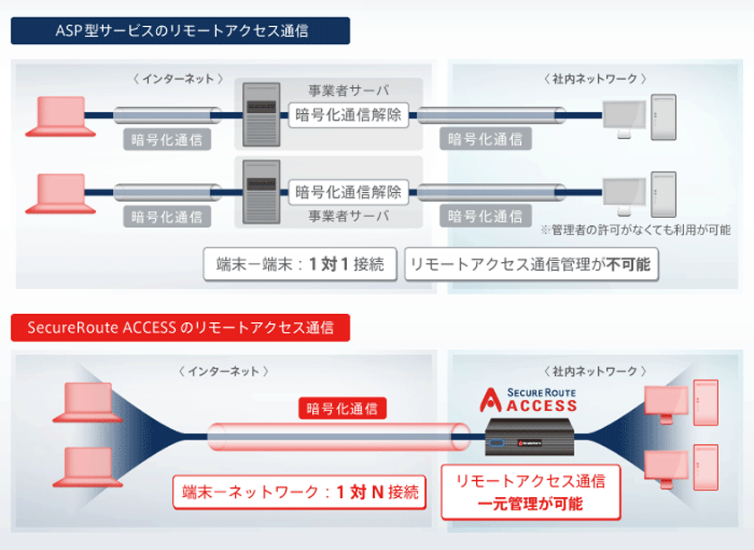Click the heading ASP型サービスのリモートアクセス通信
[180, 31]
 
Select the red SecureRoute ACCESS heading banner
[180, 327]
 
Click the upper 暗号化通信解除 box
[349, 114]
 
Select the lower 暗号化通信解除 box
[349, 191]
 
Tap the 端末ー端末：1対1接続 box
[300, 265]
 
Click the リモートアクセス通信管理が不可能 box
[531, 265]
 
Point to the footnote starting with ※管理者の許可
[635, 230]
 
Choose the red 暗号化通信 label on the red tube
[342, 409]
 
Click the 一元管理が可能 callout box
[531, 493]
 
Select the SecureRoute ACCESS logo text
[528, 398]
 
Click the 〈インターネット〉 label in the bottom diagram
[224, 371]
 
